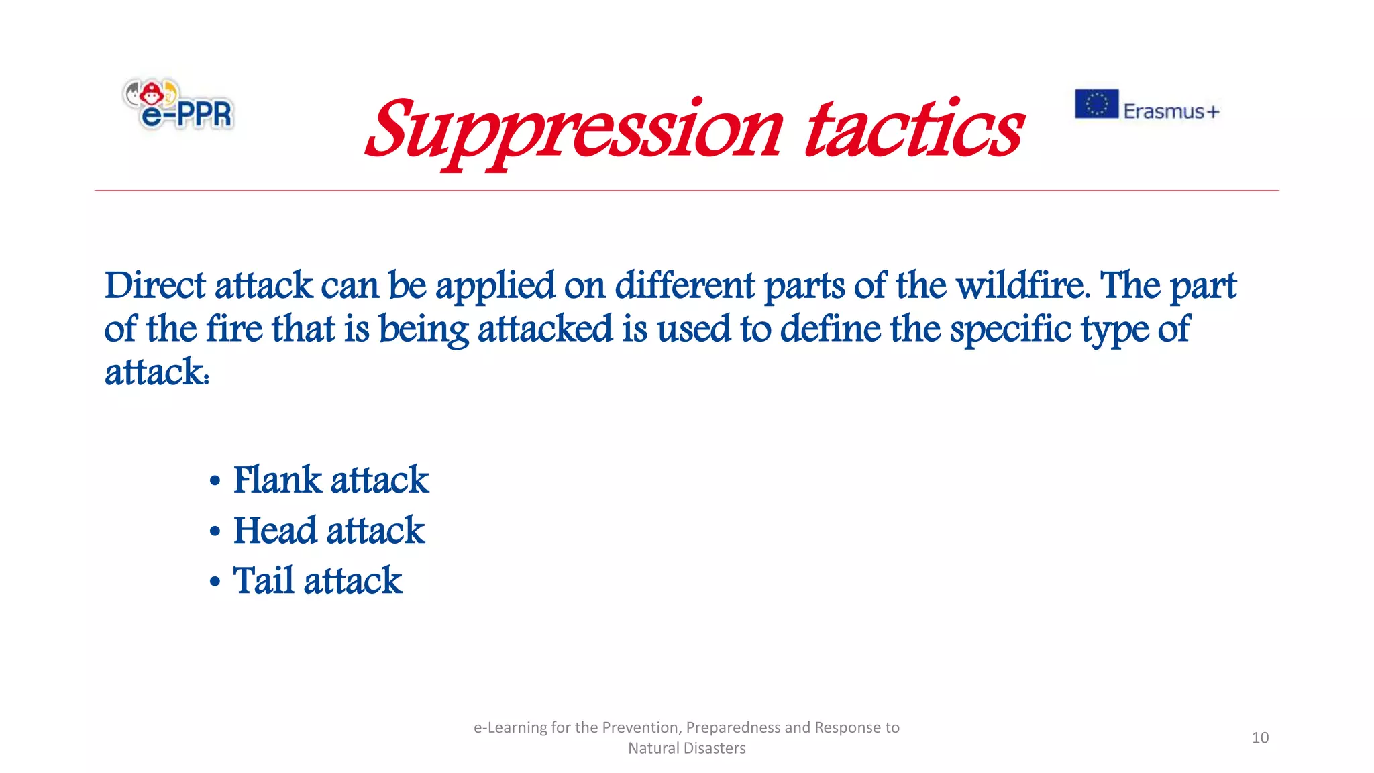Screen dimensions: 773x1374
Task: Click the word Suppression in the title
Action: click(574, 131)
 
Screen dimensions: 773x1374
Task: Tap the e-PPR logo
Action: click(178, 104)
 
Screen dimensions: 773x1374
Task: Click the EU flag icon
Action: click(1096, 104)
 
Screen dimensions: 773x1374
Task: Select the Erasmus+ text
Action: click(1171, 111)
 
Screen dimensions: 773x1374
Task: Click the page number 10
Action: click(1260, 737)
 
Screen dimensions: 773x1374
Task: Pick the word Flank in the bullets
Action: click(277, 480)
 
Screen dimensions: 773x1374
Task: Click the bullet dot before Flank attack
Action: click(215, 481)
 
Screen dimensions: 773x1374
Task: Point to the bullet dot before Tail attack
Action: click(215, 582)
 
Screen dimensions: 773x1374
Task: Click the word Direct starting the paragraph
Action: click(155, 286)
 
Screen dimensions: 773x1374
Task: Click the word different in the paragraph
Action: click(684, 286)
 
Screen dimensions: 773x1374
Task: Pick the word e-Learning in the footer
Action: click(509, 727)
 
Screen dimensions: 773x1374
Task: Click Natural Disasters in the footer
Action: click(686, 748)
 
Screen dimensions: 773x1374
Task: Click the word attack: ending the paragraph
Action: click(157, 372)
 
